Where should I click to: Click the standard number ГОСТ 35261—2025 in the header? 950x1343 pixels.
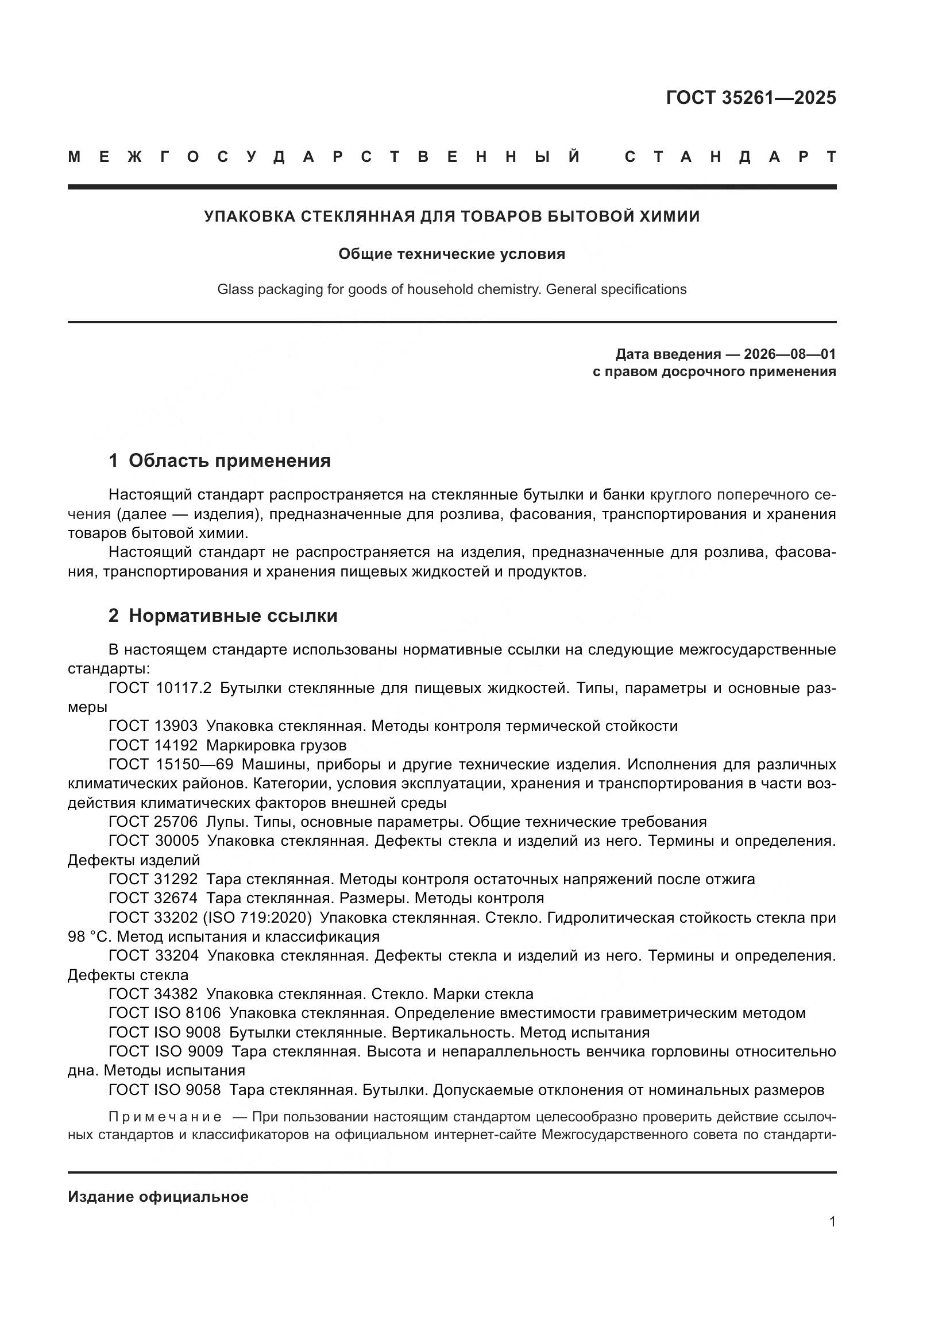(751, 98)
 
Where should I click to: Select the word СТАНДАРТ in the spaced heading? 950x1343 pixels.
(730, 157)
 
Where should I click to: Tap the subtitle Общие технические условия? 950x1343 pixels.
(451, 254)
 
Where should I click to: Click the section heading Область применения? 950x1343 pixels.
(229, 460)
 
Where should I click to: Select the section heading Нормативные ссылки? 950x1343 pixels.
(233, 616)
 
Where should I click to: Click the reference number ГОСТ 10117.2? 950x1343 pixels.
(160, 688)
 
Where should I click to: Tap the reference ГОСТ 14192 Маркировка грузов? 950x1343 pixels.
(227, 745)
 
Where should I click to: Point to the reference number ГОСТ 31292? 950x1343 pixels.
(153, 879)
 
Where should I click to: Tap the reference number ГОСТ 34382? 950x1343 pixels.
(153, 994)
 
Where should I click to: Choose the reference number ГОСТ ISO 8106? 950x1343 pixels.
(164, 1013)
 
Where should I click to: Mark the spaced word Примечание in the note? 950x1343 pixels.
(165, 1117)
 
